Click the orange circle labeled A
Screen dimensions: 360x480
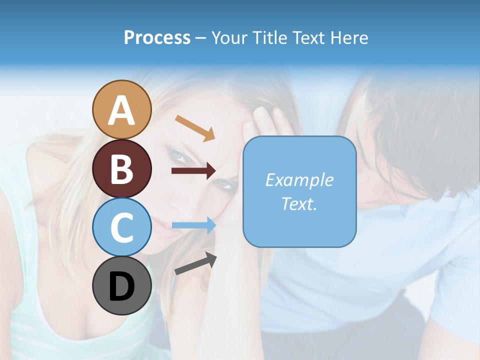tap(121, 109)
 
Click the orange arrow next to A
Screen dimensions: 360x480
tap(194, 127)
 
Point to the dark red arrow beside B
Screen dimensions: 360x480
tap(193, 171)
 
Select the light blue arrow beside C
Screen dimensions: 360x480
tap(193, 225)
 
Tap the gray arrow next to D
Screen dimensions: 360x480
tap(195, 263)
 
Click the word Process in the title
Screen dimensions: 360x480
tap(157, 37)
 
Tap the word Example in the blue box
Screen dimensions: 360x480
tap(299, 180)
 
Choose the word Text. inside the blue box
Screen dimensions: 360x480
tap(299, 204)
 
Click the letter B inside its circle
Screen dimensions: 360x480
tap(121, 168)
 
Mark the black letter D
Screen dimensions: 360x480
tap(121, 286)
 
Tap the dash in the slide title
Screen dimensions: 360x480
tap(200, 38)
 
